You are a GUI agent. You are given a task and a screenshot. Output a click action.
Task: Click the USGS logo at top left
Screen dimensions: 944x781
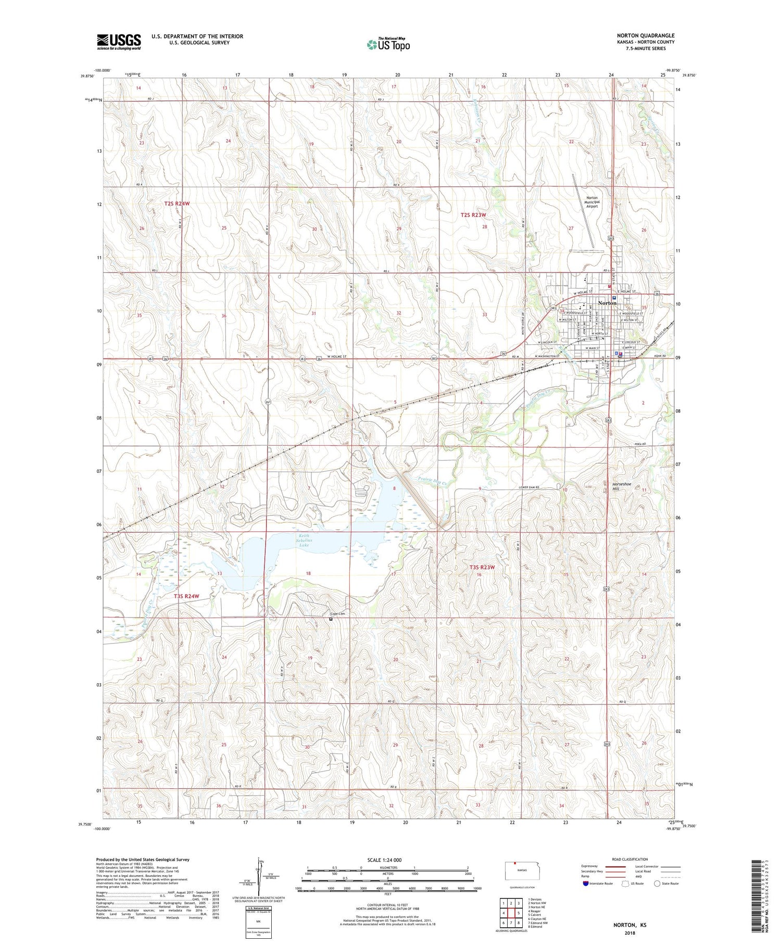(x=119, y=42)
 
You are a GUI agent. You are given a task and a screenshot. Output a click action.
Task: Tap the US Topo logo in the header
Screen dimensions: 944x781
(x=388, y=45)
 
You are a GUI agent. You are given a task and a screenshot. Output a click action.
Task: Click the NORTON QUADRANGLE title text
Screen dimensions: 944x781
(x=645, y=35)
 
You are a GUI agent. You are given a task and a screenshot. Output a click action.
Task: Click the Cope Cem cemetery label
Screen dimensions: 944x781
(x=337, y=614)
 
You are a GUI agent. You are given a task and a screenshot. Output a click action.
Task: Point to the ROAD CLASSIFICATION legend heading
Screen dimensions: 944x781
(x=630, y=859)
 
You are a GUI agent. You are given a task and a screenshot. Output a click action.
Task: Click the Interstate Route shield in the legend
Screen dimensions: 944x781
(x=586, y=884)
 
